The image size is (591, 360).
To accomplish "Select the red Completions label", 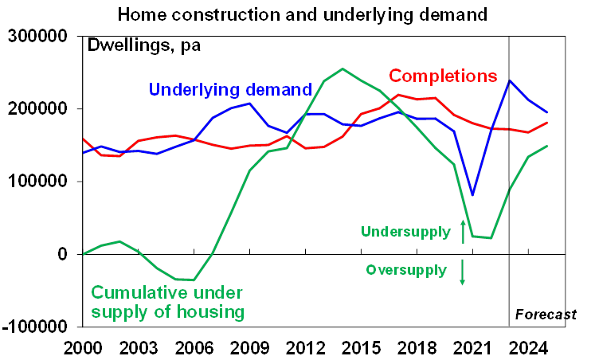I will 443,76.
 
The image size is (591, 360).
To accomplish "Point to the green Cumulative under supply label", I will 168,302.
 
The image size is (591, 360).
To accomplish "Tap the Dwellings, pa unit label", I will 144,45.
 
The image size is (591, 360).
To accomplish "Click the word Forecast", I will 546,314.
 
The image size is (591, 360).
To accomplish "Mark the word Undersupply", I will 406,233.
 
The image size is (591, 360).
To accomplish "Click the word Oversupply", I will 406,270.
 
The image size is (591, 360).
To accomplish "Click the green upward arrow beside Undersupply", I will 463,230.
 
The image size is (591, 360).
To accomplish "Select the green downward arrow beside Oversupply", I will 463,272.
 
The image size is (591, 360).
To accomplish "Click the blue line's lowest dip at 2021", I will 472,194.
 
